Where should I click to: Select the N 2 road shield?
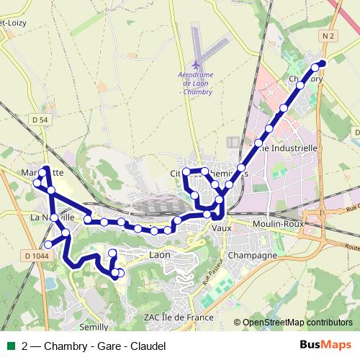click(329, 36)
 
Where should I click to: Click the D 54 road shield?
click(40, 119)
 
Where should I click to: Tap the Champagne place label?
click(252, 256)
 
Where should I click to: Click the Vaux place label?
click(220, 228)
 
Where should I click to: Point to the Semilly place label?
click(93, 326)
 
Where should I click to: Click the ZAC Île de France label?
click(179, 317)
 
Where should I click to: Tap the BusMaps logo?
click(325, 346)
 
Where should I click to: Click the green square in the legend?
click(9, 346)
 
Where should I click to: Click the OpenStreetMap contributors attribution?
click(297, 323)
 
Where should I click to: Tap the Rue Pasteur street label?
click(210, 274)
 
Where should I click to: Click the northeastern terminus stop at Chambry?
click(321, 63)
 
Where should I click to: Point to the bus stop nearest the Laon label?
click(154, 231)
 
